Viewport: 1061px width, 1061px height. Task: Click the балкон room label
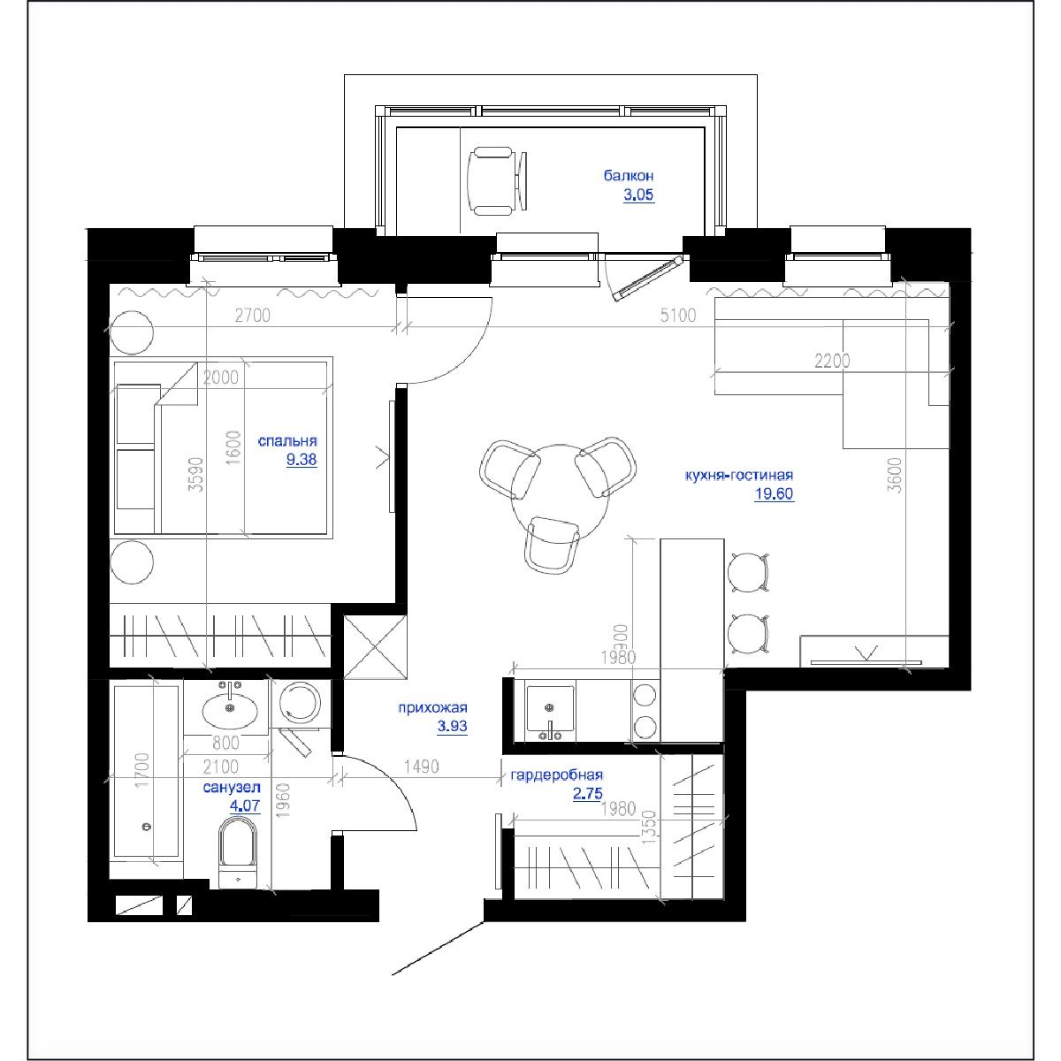(629, 176)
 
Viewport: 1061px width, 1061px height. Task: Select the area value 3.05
(638, 195)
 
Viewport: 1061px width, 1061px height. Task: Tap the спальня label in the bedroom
(287, 441)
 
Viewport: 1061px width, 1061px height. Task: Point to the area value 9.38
(301, 460)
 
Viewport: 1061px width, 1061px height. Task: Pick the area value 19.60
(774, 494)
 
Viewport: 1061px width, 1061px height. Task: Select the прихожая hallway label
(432, 708)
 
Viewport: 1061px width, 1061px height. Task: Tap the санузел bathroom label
(232, 787)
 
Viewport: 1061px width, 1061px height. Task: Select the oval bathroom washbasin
(232, 708)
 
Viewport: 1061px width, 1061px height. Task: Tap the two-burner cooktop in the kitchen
(645, 712)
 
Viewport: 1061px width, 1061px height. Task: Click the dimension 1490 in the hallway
(421, 767)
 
